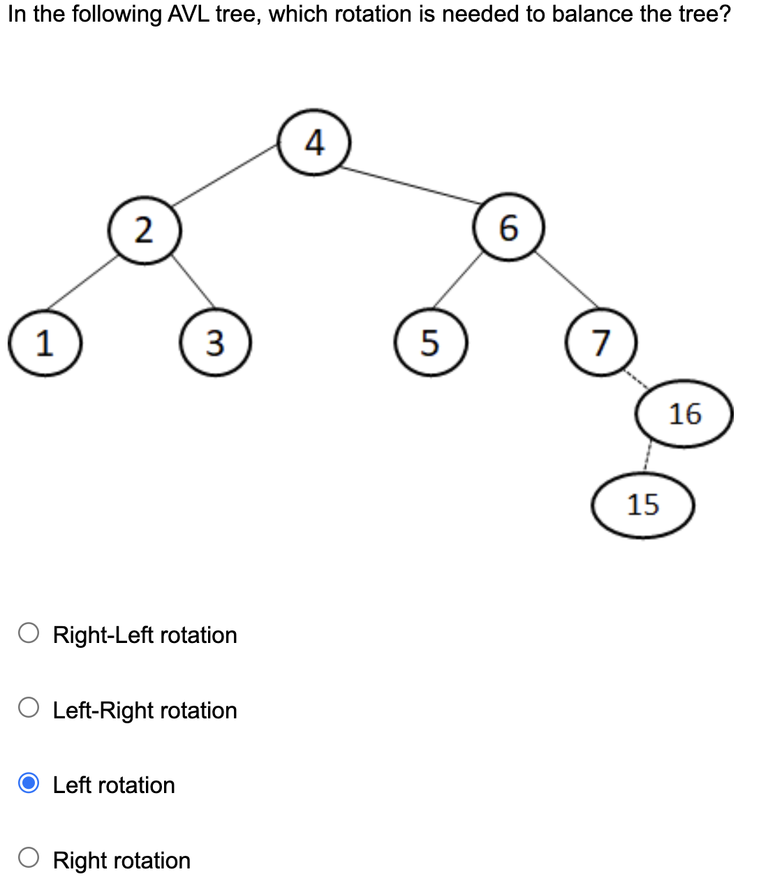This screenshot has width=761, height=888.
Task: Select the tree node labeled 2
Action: pyautogui.click(x=145, y=230)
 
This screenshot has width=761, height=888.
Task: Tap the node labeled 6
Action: pyautogui.click(x=509, y=228)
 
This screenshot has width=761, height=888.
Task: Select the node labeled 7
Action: pyautogui.click(x=601, y=343)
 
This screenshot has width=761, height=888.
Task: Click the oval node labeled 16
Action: pyautogui.click(x=684, y=414)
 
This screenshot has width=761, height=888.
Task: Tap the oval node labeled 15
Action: pyautogui.click(x=643, y=505)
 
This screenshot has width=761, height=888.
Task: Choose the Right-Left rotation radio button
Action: pyautogui.click(x=29, y=633)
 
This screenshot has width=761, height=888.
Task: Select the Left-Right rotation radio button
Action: pyautogui.click(x=29, y=708)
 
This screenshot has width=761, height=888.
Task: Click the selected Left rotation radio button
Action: pyautogui.click(x=29, y=783)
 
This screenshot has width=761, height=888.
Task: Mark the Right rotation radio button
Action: pyautogui.click(x=29, y=858)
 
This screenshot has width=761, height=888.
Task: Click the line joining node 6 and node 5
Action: pyautogui.click(x=458, y=279)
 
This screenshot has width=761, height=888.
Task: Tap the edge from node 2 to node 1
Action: pyautogui.click(x=82, y=282)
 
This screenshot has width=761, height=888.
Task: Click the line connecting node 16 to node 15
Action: pyautogui.click(x=647, y=460)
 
